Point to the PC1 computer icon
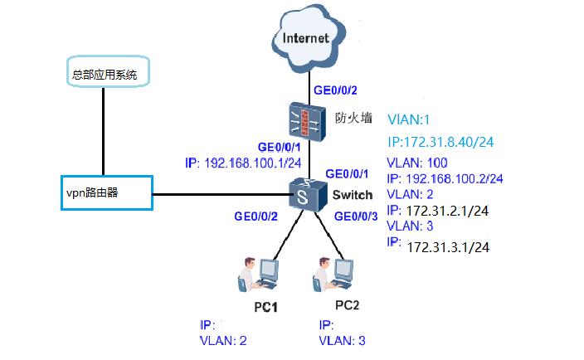coord(258,275)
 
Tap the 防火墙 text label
coord(352,118)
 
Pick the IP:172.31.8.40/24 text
coord(441,142)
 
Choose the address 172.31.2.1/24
coord(447,210)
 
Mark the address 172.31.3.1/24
coord(448,246)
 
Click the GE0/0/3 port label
coord(358,216)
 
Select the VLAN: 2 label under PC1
coord(223,340)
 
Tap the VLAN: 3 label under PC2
coord(342,340)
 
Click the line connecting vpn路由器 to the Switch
coord(219,195)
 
